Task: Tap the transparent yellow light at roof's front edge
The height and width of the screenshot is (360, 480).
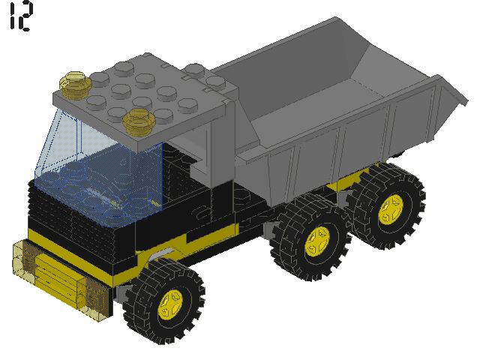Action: coord(138,119)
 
